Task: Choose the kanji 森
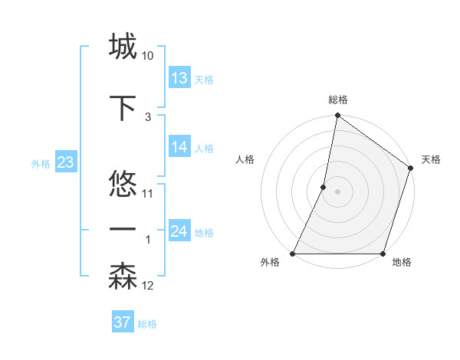pos(123,277)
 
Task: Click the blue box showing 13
pos(179,78)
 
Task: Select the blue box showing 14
pos(179,147)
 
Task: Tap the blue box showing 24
pos(179,231)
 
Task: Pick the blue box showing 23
pos(65,162)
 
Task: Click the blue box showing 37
pos(122,322)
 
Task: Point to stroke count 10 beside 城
pos(148,56)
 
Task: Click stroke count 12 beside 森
pos(148,286)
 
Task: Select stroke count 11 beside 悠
pos(148,194)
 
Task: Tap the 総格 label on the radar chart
pos(338,100)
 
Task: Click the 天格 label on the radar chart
pos(431,160)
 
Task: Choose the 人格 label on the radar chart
pos(245,160)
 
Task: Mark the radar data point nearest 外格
pos(293,254)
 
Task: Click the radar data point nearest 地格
pos(383,254)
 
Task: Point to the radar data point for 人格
pos(324,187)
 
